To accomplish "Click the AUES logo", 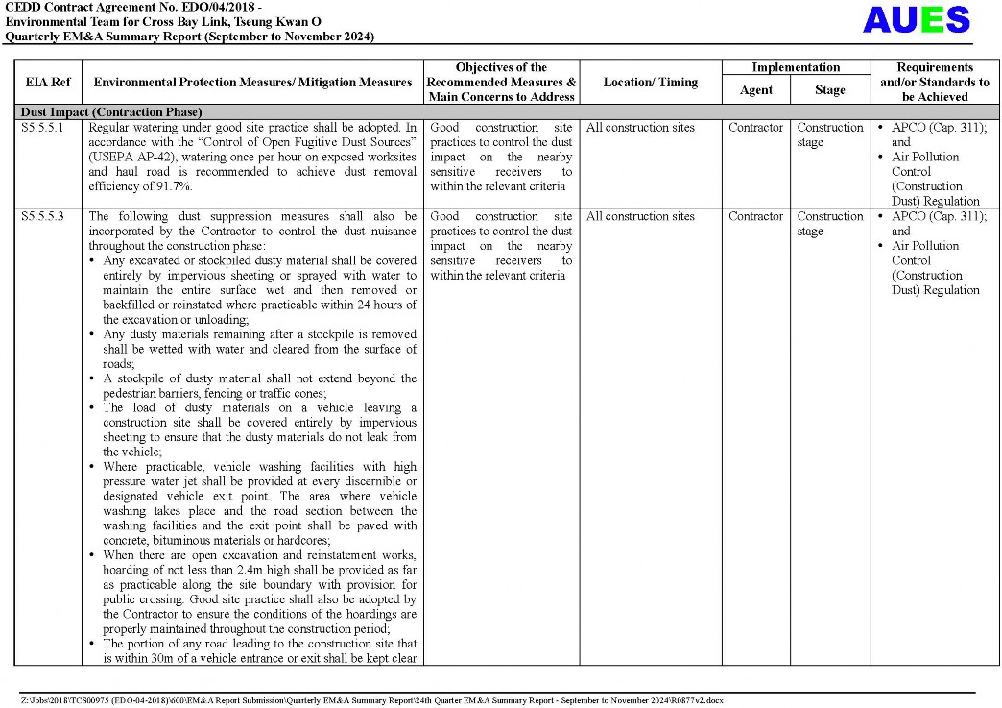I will point(916,20).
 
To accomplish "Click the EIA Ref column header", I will point(48,83).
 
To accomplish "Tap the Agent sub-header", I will point(756,90).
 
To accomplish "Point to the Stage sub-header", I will point(830,90).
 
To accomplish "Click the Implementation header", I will point(796,67).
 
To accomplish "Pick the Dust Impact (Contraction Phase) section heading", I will point(112,111).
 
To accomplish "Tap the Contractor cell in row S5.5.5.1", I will point(755,128).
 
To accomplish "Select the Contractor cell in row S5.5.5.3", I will point(755,217).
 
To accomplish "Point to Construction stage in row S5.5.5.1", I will point(829,134).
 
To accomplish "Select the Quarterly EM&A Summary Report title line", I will point(189,37).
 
